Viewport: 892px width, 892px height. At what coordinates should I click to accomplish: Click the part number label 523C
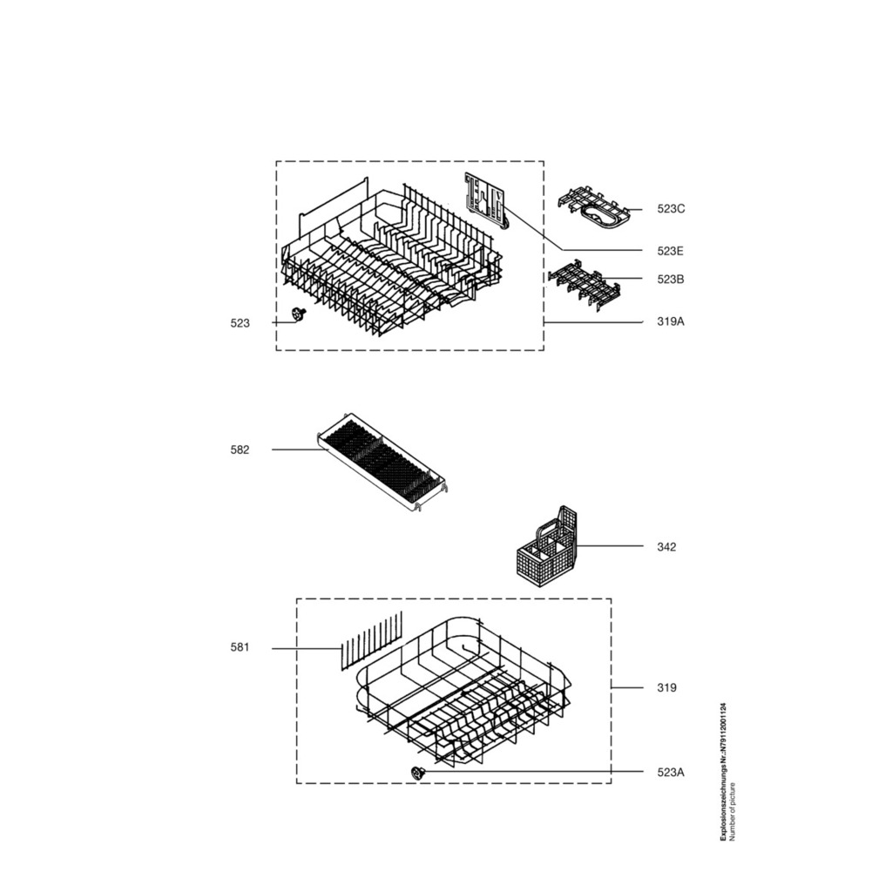point(671,209)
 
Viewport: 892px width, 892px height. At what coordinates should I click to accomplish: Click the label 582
point(240,450)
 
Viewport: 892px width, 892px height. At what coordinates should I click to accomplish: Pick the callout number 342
point(666,547)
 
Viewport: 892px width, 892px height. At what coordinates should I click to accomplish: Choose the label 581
point(240,647)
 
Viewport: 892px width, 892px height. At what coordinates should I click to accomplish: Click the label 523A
point(671,773)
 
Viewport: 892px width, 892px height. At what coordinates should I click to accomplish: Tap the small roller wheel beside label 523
point(297,314)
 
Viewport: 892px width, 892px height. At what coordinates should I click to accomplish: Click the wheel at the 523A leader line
point(418,773)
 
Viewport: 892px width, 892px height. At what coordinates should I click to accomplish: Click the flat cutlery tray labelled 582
point(382,462)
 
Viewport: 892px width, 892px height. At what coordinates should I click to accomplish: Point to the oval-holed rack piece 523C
point(594,210)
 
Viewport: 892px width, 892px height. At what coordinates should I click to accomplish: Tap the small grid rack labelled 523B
point(584,285)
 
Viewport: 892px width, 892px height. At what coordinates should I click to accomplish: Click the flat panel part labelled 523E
point(484,201)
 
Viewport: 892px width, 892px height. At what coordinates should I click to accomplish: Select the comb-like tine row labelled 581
point(371,641)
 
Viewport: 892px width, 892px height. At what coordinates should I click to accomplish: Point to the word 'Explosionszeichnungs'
point(723,804)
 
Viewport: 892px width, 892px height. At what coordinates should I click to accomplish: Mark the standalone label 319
point(666,688)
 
